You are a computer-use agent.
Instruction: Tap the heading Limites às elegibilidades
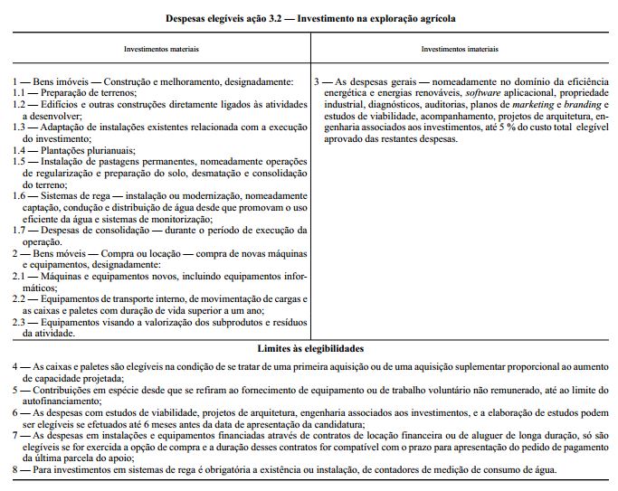(x=310, y=348)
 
